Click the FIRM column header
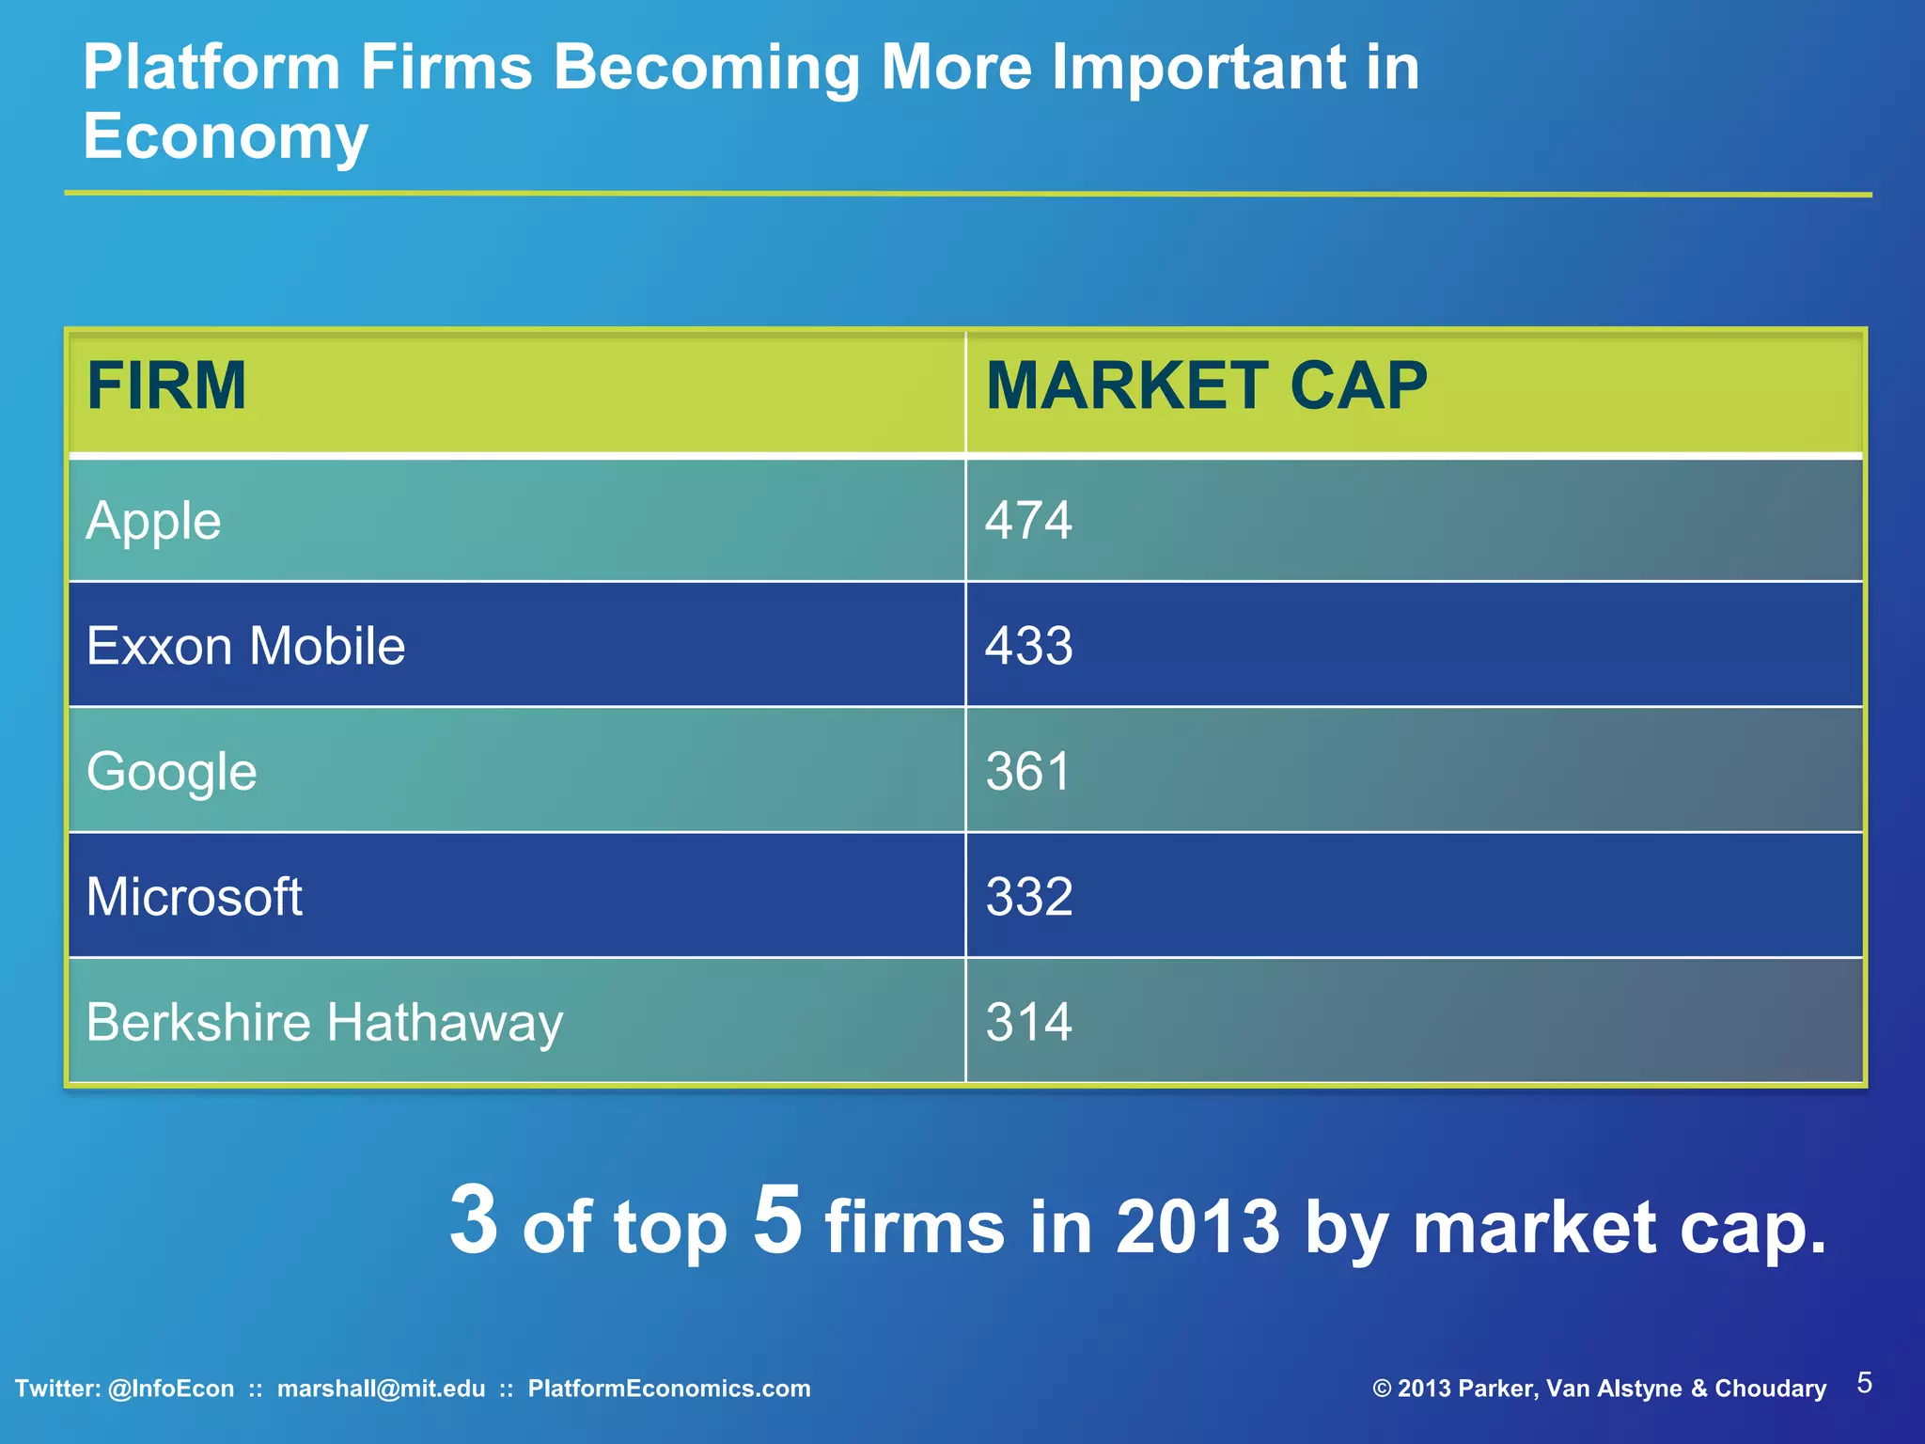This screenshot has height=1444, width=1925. [166, 386]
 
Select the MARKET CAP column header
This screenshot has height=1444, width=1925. [1206, 386]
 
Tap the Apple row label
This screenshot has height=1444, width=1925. [153, 521]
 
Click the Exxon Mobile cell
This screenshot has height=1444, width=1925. [245, 646]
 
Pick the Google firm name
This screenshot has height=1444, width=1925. [171, 772]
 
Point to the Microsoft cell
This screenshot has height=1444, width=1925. [194, 897]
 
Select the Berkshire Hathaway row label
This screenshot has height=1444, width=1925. [324, 1022]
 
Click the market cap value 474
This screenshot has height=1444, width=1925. [1028, 521]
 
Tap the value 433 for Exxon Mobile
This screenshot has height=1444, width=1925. [1028, 646]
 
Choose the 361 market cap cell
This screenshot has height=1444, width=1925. [1028, 772]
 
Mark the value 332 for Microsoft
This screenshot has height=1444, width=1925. [1028, 897]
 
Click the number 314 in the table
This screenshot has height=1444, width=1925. [1028, 1022]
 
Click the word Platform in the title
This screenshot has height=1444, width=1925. [211, 68]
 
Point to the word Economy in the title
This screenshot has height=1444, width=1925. [226, 136]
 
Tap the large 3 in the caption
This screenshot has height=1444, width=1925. [473, 1219]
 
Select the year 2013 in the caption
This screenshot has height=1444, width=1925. [1197, 1227]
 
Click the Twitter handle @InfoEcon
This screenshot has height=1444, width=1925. [171, 1389]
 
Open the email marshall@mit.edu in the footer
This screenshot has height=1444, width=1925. [381, 1389]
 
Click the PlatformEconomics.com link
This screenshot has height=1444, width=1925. [668, 1389]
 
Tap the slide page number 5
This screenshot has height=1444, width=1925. [1864, 1383]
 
